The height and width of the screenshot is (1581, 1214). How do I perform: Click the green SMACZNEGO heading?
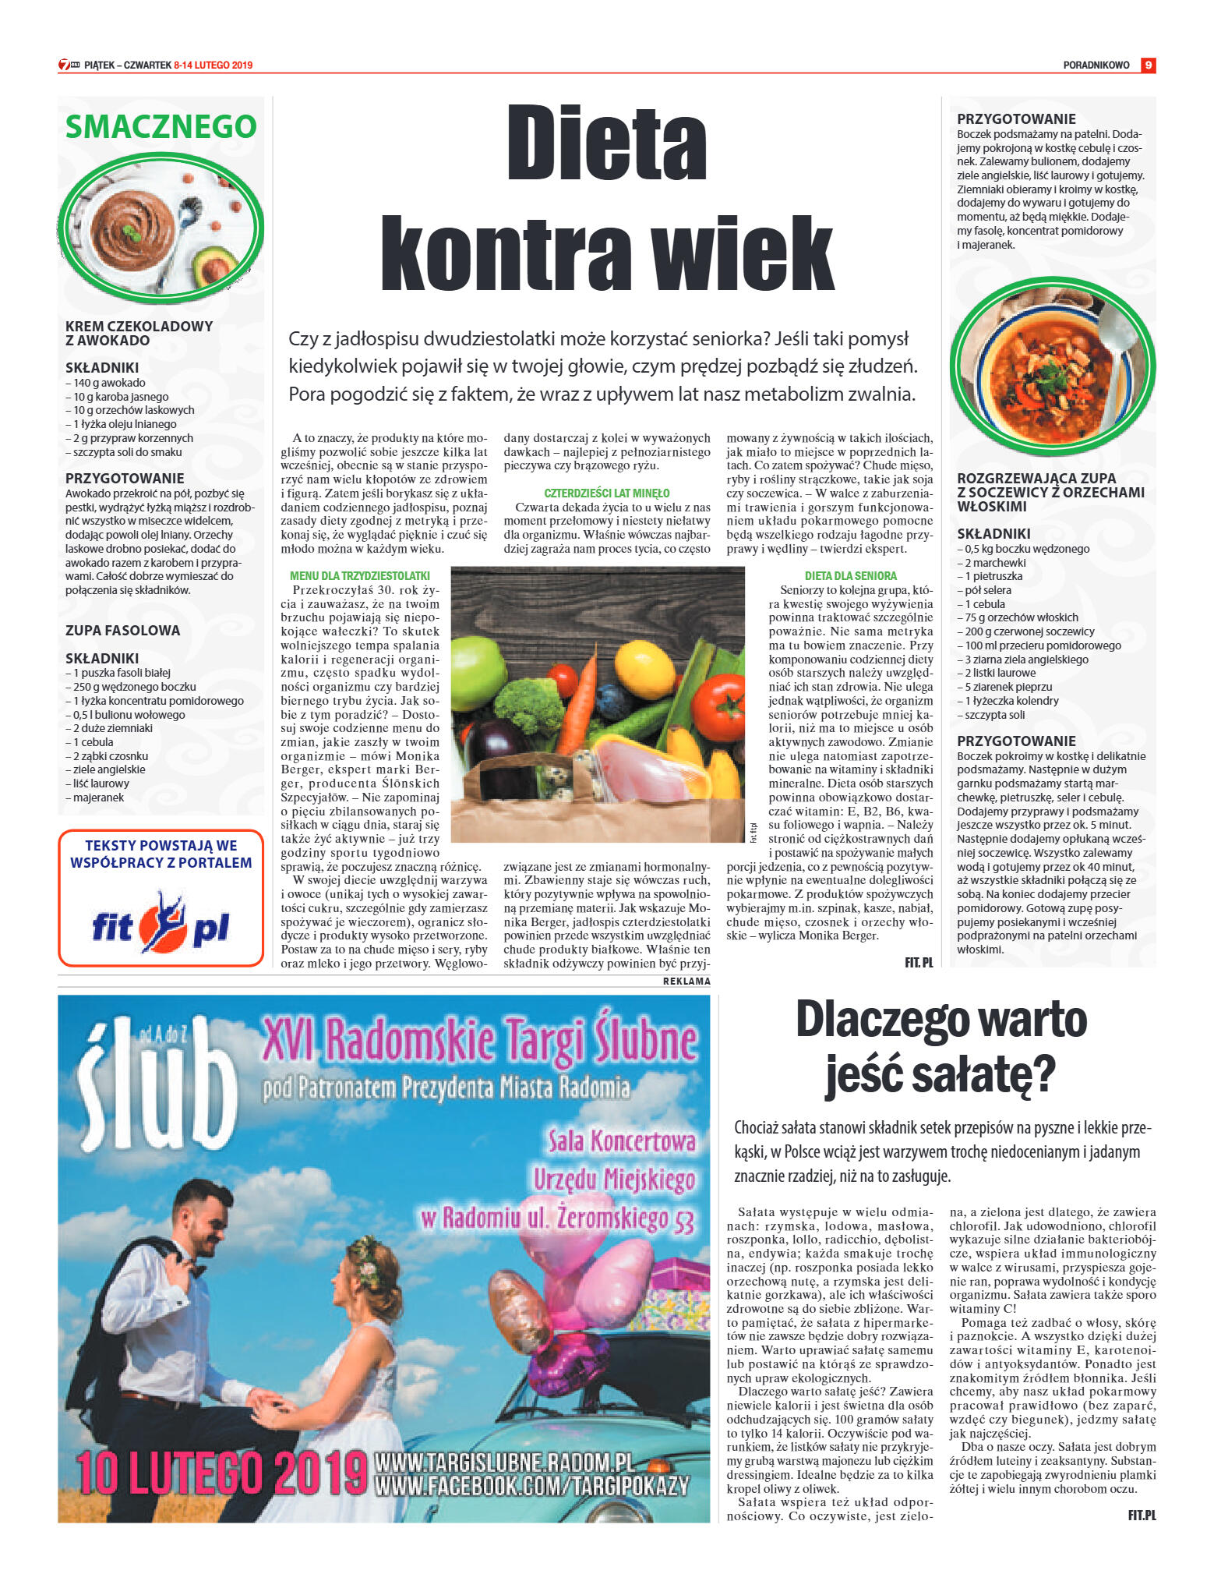pos(161,126)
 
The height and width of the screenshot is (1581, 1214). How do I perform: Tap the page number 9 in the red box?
pos(1148,65)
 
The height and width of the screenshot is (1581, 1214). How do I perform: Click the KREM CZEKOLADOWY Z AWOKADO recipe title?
pos(139,333)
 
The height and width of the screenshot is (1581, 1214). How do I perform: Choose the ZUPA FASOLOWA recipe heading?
pos(122,631)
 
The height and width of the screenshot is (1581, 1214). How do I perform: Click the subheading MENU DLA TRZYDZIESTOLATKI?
pos(359,576)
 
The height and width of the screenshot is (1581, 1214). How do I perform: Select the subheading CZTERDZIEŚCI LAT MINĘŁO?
pos(606,493)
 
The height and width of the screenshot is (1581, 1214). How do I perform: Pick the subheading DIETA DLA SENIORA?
pos(850,576)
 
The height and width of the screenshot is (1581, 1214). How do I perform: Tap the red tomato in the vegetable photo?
pos(718,705)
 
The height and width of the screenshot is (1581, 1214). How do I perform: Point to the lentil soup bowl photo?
pos(1052,366)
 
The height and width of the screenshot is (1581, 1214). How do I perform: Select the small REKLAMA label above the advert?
pos(686,981)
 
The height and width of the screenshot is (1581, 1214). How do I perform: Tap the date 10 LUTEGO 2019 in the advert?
pos(221,1474)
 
